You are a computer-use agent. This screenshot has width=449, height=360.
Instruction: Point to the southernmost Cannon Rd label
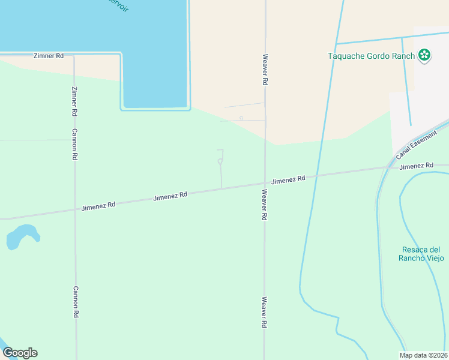click(x=76, y=302)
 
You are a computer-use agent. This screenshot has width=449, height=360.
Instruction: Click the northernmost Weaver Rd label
click(x=264, y=70)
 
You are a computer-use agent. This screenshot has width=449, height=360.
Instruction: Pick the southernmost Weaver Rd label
click(x=264, y=312)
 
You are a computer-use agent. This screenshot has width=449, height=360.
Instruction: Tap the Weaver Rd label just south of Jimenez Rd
click(x=264, y=205)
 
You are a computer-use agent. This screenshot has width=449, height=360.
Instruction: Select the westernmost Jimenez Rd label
click(x=98, y=206)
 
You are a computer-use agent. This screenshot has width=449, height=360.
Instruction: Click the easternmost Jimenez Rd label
click(x=416, y=166)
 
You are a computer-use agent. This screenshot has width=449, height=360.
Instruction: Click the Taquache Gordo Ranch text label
click(x=371, y=56)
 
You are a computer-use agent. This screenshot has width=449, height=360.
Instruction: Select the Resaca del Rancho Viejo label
click(x=421, y=254)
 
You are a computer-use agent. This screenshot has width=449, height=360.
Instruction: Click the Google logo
click(x=20, y=353)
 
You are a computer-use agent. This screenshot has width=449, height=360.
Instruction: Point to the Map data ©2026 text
click(x=424, y=355)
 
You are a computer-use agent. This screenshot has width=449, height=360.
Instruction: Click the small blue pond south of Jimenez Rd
click(x=22, y=235)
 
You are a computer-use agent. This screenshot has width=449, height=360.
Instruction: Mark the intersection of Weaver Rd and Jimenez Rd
click(x=265, y=183)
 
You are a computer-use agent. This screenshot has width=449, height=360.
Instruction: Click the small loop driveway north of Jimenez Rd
click(x=220, y=161)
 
